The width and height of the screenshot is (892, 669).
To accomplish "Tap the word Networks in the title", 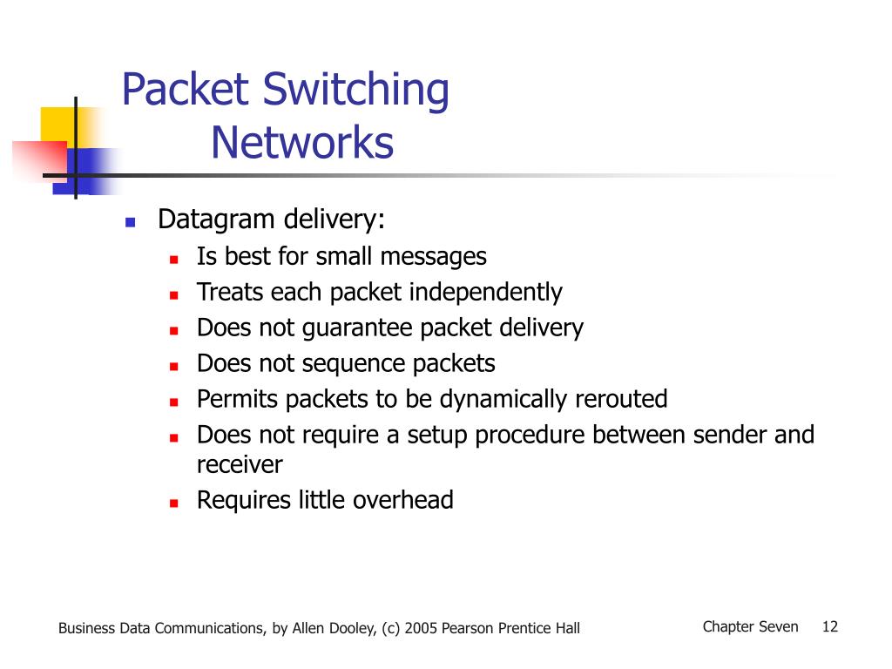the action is pyautogui.click(x=302, y=144).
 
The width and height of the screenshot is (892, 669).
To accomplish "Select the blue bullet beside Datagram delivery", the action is pyautogui.click(x=131, y=222).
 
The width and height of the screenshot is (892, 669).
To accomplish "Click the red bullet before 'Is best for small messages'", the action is pyautogui.click(x=173, y=259).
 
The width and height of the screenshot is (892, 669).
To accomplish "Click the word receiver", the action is pyautogui.click(x=240, y=464).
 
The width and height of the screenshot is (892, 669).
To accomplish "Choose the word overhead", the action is pyautogui.click(x=403, y=500).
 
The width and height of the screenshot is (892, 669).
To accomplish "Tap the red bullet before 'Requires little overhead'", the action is pyautogui.click(x=173, y=503).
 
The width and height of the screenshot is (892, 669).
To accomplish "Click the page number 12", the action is pyautogui.click(x=830, y=626).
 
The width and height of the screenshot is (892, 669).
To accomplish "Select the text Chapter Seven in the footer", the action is pyautogui.click(x=750, y=626).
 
